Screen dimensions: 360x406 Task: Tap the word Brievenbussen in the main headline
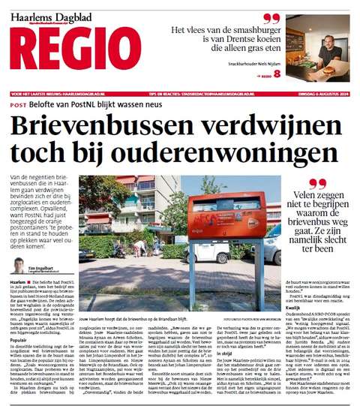[x=100, y=127]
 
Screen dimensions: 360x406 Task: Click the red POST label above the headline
[x=19, y=105]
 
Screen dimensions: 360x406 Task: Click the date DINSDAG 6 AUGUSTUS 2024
[x=322, y=93]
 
